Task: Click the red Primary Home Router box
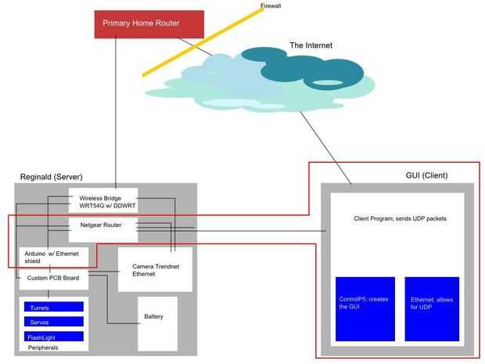pos(149,24)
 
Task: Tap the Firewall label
pos(271,5)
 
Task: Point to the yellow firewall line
pos(203,42)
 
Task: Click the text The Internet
pos(311,45)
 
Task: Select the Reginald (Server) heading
pos(52,177)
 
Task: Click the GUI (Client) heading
pos(426,175)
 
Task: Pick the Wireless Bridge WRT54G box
pos(103,200)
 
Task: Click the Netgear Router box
pos(103,229)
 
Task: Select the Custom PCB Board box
pos(54,279)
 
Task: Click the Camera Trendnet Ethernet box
pos(155,269)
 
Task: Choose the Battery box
pos(158,324)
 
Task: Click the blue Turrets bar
pos(54,307)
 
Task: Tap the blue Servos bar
pos(54,322)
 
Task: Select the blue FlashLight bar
pos(54,337)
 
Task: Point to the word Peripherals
pos(43,348)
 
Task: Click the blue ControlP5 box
pos(365,309)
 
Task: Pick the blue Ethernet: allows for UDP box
pos(432,309)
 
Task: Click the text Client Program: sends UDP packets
pos(401,218)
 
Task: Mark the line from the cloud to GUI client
pos(325,148)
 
